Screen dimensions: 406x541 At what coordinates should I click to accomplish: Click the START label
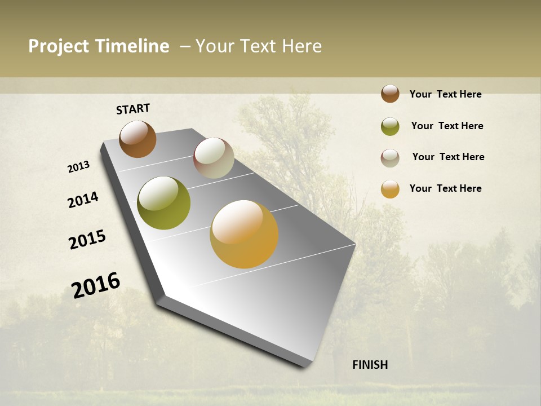[x=133, y=109]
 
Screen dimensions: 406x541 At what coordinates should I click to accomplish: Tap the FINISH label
[x=370, y=365]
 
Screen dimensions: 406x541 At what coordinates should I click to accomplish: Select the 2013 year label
[x=78, y=167]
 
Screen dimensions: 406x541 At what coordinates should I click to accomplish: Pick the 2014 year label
[x=83, y=200]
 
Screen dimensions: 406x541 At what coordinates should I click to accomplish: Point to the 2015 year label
[x=87, y=240]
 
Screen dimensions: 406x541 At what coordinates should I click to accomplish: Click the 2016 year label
[x=96, y=285]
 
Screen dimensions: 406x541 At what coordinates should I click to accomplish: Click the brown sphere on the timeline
[x=138, y=139]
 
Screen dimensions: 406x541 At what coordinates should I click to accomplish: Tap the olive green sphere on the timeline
[x=163, y=203]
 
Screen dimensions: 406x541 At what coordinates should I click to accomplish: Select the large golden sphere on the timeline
[x=244, y=234]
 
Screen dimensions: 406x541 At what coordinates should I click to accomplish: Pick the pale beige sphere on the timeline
[x=214, y=158]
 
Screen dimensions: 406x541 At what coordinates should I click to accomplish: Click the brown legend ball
[x=390, y=94]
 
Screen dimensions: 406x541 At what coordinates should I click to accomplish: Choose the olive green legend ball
[x=390, y=126]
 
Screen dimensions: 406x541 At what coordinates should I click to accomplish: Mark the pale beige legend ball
[x=390, y=158]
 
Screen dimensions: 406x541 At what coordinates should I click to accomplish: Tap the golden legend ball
[x=390, y=189]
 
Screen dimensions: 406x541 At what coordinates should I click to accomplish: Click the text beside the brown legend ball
[x=445, y=94]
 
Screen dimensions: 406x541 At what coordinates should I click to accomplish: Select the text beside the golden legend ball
[x=445, y=188]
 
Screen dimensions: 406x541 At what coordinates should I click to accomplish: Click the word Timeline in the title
[x=132, y=46]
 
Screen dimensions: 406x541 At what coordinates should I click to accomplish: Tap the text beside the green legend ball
[x=447, y=126]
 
